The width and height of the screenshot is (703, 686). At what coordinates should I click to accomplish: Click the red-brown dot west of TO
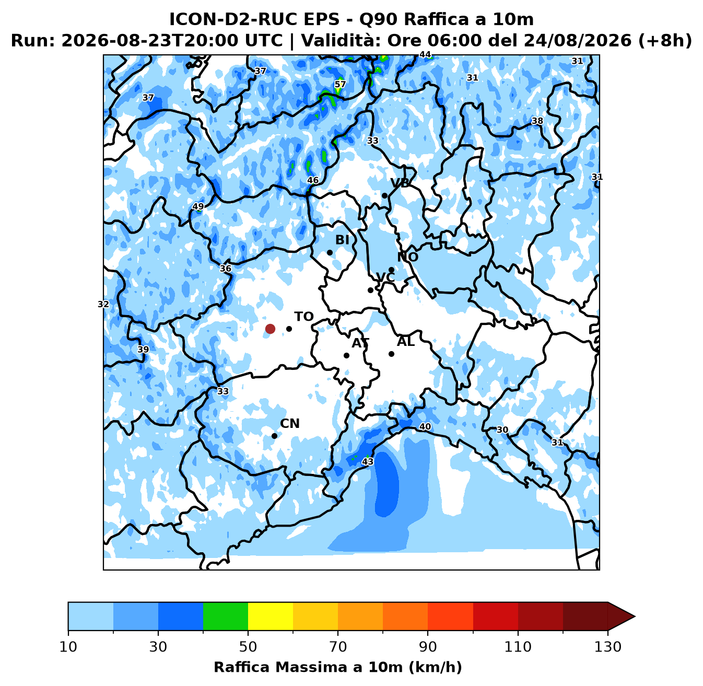click(x=270, y=329)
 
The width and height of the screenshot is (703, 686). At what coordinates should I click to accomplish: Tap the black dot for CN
click(x=275, y=436)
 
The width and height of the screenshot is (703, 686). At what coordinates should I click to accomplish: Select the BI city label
click(x=342, y=240)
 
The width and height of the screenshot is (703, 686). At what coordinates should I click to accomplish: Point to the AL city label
click(x=406, y=341)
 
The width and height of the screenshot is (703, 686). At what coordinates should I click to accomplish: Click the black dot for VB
click(x=385, y=195)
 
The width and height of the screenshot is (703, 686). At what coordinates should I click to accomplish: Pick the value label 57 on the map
click(x=340, y=84)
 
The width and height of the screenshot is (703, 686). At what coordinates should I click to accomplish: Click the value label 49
click(x=198, y=206)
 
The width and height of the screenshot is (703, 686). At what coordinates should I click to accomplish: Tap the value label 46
click(x=313, y=180)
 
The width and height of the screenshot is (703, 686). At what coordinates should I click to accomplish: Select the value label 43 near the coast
click(x=368, y=461)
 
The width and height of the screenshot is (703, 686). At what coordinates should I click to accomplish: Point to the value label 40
click(x=425, y=426)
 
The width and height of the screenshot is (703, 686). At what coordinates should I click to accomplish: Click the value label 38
click(x=537, y=121)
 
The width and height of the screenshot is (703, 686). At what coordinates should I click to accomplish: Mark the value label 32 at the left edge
click(x=103, y=304)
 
